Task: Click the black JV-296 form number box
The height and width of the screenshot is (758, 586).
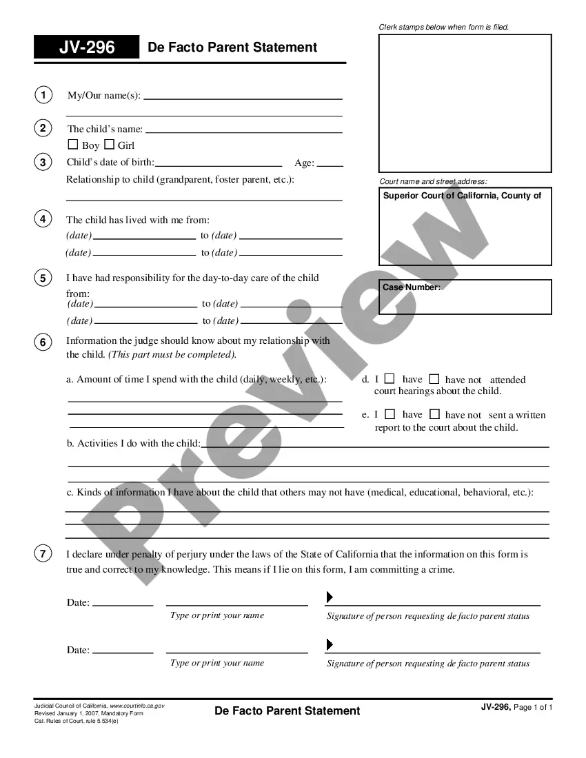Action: (86, 48)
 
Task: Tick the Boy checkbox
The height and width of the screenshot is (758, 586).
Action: (73, 145)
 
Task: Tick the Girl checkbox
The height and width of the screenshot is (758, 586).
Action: (109, 145)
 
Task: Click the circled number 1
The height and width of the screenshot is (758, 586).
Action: (43, 94)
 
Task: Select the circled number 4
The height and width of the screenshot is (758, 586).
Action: (43, 219)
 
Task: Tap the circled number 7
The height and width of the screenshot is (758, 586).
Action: (43, 553)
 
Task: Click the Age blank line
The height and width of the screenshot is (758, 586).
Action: (330, 165)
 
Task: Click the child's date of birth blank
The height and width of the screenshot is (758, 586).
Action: (219, 165)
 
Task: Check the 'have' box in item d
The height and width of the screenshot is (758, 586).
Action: (390, 378)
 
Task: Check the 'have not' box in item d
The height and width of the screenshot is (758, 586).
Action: (434, 378)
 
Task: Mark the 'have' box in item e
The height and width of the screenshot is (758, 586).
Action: (390, 414)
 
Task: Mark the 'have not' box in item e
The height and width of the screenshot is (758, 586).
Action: (434, 414)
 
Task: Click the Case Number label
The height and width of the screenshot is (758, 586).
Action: (411, 287)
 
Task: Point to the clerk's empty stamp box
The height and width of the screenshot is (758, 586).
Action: (465, 103)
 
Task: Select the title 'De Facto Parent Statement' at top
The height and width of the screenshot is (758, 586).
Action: (232, 48)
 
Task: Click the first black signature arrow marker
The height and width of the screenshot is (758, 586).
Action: (330, 597)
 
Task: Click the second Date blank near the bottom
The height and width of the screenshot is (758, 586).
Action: (123, 651)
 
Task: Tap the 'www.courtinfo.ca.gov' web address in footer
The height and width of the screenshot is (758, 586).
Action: (137, 706)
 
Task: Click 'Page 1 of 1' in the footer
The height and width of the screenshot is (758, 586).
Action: (533, 708)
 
